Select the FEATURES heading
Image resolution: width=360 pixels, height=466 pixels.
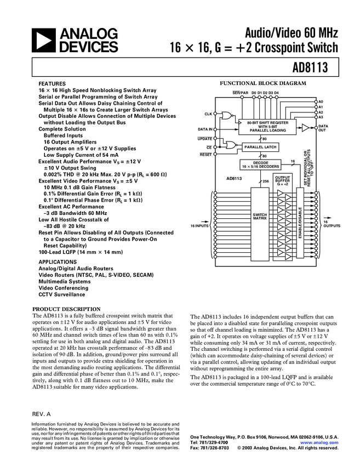52,83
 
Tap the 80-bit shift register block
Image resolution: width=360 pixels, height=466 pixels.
267,126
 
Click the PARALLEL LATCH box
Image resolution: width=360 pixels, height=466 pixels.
260,147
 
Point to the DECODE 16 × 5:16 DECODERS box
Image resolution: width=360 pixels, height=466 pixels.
260,164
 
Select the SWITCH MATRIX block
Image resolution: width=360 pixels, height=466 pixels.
259,217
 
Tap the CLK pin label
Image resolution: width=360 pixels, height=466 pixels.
208,113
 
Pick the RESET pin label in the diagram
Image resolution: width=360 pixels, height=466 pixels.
205,155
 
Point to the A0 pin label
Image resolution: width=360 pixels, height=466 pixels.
321,102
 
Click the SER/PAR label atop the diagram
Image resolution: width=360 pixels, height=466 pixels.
241,93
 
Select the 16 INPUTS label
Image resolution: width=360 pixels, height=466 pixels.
199,226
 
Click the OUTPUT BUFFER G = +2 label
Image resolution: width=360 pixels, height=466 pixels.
283,181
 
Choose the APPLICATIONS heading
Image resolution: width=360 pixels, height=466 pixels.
58,262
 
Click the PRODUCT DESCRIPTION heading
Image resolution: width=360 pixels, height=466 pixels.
67,309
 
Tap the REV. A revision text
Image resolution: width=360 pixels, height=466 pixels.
41,414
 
